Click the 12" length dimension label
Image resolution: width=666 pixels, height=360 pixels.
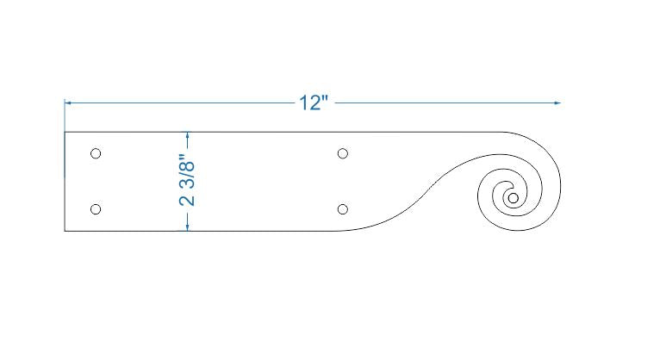pyautogui.click(x=314, y=103)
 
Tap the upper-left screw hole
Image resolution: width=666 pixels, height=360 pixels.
pyautogui.click(x=96, y=153)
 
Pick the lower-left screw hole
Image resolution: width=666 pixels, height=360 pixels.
pyautogui.click(x=96, y=209)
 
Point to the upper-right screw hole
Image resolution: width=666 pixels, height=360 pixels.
pyautogui.click(x=343, y=153)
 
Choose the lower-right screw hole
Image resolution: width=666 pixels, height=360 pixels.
pyautogui.click(x=343, y=209)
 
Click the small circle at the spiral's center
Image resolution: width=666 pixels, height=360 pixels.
pyautogui.click(x=514, y=198)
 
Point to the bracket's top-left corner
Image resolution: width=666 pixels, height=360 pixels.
pyautogui.click(x=65, y=132)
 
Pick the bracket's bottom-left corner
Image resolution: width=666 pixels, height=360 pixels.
pyautogui.click(x=65, y=231)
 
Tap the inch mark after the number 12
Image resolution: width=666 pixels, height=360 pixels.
pyautogui.click(x=325, y=99)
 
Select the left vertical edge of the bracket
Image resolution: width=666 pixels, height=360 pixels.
pyautogui.click(x=65, y=181)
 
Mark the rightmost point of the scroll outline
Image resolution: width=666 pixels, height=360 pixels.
pyautogui.click(x=563, y=188)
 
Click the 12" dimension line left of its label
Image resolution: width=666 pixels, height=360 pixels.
pyautogui.click(x=181, y=103)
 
